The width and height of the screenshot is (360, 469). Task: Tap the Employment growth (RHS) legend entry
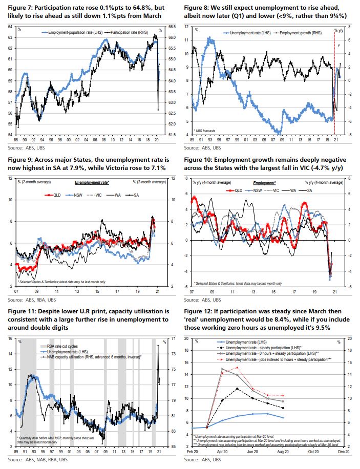click(302, 32)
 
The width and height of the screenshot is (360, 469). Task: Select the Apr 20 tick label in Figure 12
click(223, 452)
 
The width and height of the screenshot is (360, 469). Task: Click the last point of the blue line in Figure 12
click(283, 418)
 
